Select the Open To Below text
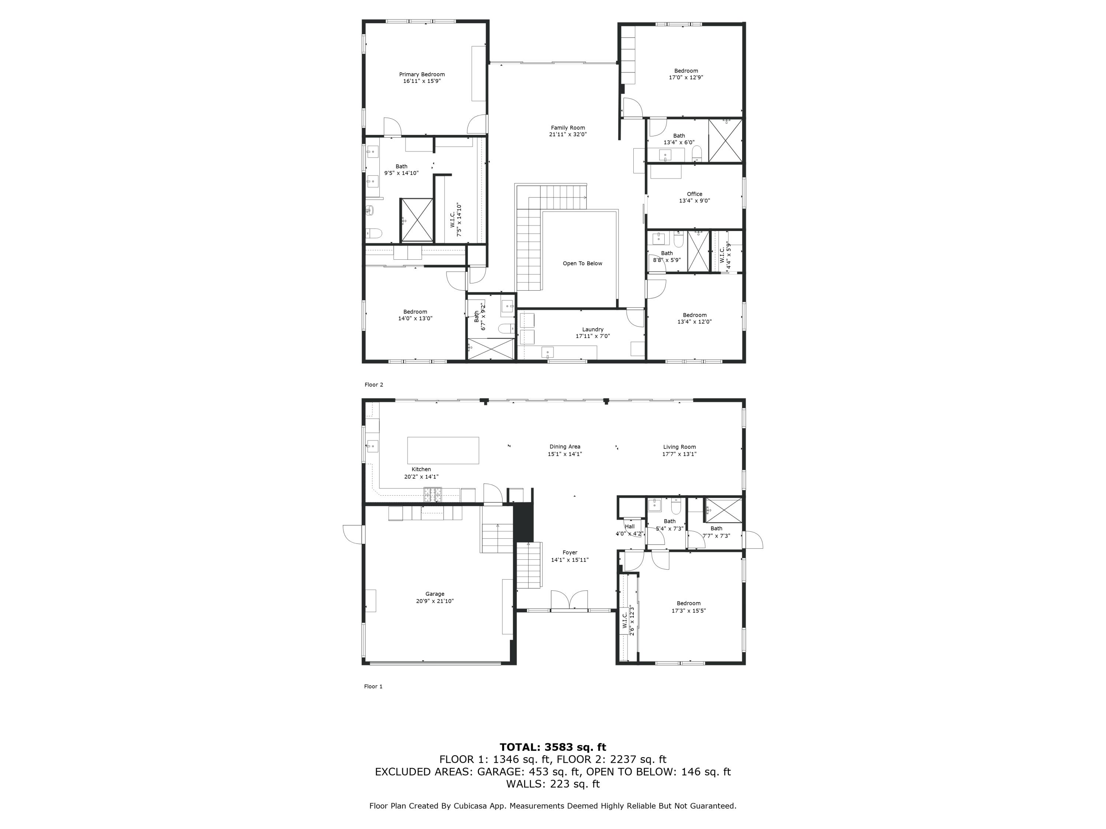pos(582,263)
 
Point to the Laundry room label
pos(592,329)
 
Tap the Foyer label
pos(570,553)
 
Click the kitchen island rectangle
pos(443,450)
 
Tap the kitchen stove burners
pos(432,494)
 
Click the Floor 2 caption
pos(373,385)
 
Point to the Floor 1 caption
pos(373,686)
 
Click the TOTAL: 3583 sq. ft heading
pos(553,747)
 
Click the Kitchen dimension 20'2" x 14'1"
pos(421,477)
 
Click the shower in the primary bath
pos(417,220)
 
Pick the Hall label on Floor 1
pos(630,527)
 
